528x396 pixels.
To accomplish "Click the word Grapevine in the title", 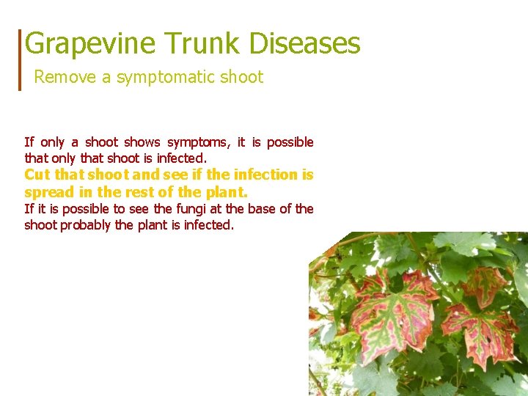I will point(89,44).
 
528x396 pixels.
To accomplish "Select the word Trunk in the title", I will point(202,44).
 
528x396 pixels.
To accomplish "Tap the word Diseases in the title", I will point(304,44).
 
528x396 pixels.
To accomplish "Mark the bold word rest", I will point(142,192).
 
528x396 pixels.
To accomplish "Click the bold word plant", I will point(227,192).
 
